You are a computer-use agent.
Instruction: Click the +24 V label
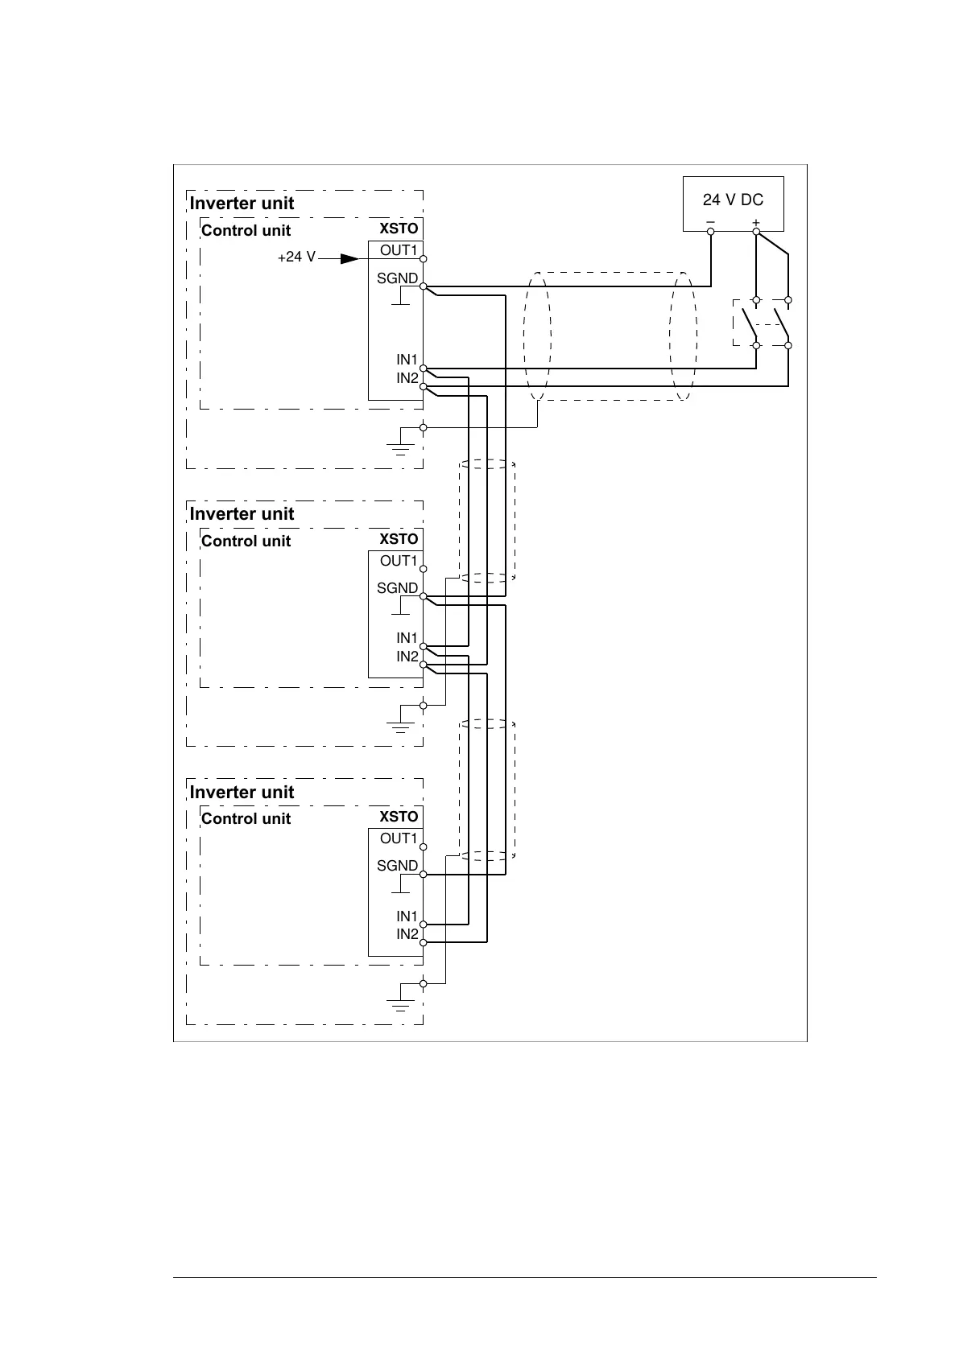point(296,258)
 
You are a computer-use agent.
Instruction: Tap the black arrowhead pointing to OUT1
point(349,258)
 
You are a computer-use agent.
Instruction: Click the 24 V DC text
point(733,200)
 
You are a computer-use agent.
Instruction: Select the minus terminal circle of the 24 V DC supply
point(711,232)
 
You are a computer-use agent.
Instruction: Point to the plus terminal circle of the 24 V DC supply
point(756,232)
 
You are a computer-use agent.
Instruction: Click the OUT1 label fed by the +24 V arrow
point(399,250)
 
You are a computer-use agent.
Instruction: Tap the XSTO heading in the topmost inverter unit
point(399,229)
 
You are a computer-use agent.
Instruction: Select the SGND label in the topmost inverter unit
point(398,278)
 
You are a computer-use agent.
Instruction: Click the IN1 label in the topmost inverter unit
point(407,360)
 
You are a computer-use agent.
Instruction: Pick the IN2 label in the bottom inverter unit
point(407,934)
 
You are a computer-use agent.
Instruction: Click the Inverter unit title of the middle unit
point(242,513)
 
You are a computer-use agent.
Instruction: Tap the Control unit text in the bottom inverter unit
point(246,818)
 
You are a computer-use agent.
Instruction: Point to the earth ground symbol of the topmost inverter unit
point(400,444)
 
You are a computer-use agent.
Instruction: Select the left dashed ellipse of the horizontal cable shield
point(537,336)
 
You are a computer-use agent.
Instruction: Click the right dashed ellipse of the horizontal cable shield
point(683,336)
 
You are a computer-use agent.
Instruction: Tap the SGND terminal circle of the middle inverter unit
point(423,596)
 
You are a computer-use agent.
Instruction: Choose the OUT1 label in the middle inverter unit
point(399,561)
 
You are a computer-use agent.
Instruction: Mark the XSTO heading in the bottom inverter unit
point(399,817)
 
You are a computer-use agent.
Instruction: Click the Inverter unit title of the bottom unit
point(242,792)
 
